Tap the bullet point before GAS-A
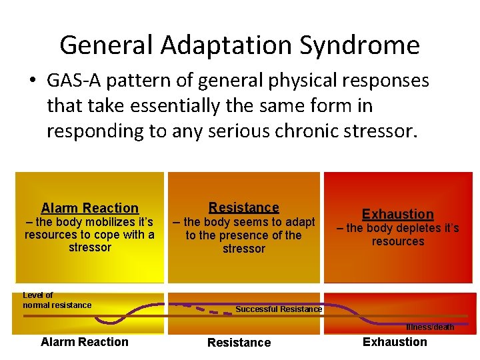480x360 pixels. point(32,82)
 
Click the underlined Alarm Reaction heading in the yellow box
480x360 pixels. point(89,208)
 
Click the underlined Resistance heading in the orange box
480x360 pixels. point(243,207)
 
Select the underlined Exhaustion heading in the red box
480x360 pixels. point(397,214)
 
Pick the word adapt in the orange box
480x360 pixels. point(300,222)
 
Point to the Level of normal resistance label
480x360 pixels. point(57,300)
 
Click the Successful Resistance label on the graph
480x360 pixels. point(278,309)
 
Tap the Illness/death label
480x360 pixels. point(430,327)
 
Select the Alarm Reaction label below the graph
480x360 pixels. point(84,342)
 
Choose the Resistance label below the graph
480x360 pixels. point(239,343)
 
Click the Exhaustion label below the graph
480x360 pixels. point(395,342)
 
